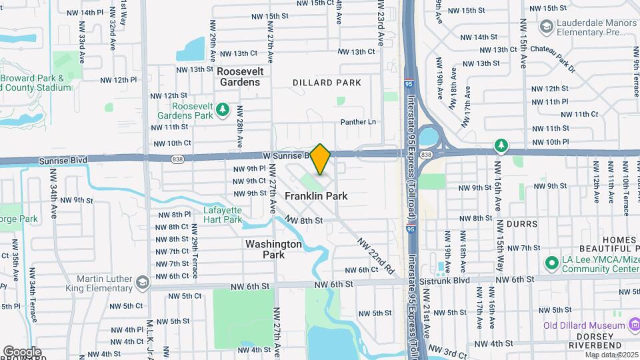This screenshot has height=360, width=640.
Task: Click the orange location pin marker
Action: pos(321,159)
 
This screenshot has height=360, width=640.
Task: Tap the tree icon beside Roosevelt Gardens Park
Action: pos(224,110)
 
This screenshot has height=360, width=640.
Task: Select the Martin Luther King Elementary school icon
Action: pos(142,283)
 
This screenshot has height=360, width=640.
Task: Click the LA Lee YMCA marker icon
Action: pos(551,263)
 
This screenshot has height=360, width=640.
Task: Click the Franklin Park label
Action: pos(316,196)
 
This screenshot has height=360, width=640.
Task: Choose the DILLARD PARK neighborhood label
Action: pos(327,83)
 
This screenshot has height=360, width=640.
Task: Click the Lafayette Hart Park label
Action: pos(223,215)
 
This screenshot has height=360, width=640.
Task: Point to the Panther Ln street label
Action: pos(358,122)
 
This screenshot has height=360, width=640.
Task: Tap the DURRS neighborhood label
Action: pos(523,224)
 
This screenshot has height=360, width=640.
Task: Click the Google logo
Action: pos(22,351)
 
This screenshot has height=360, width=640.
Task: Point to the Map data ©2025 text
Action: pos(611,354)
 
